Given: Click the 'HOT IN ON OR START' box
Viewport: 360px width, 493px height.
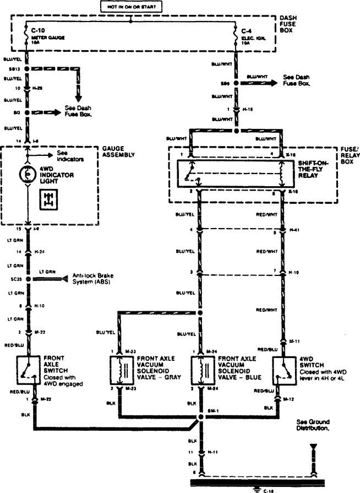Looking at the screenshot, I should (130, 7).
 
